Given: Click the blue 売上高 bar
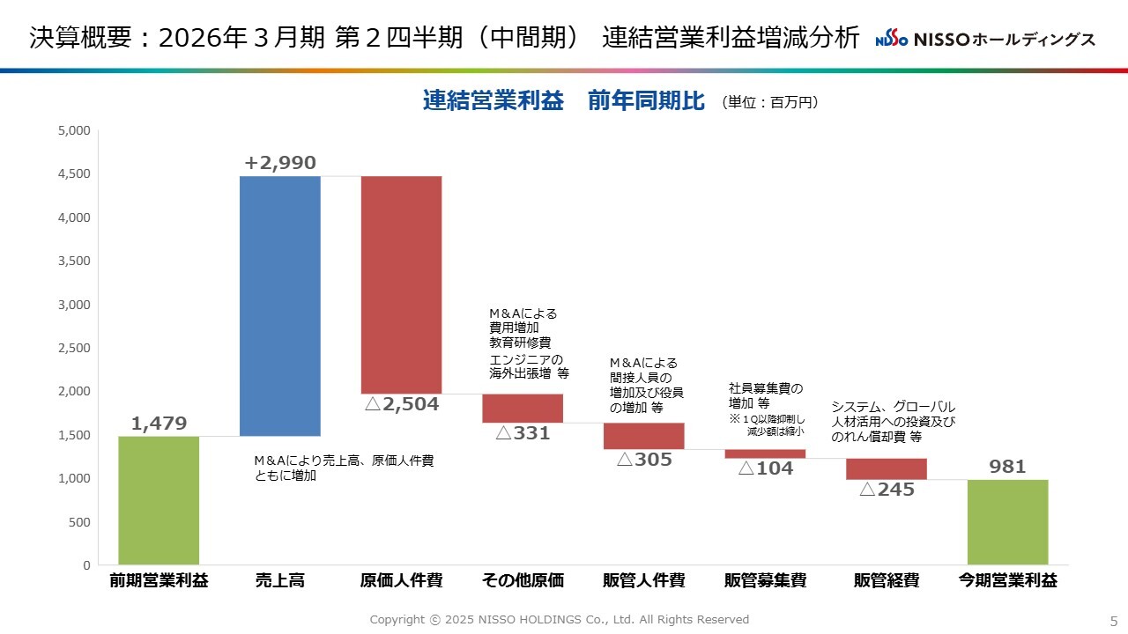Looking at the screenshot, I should tap(280, 306).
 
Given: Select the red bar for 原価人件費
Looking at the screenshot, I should tap(401, 284).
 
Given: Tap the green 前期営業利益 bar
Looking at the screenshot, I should tap(159, 500).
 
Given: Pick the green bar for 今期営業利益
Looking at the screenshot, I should tap(1007, 521).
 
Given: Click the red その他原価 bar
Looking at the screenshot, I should tap(523, 408).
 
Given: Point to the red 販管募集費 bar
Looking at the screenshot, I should tap(765, 453).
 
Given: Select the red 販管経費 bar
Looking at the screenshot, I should tap(887, 468).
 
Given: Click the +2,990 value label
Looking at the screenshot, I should tap(280, 163).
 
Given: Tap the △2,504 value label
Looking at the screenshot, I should tap(401, 405).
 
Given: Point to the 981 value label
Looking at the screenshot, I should tap(1007, 467).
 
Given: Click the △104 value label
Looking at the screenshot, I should tap(765, 468).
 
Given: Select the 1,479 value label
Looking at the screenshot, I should tap(159, 424).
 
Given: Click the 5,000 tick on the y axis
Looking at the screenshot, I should tap(74, 130).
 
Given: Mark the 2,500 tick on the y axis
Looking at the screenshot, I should tap(74, 348).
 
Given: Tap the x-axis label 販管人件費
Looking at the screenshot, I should tap(644, 581).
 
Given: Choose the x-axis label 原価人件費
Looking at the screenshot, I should tap(401, 581).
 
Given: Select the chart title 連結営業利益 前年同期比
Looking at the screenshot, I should tap(563, 101).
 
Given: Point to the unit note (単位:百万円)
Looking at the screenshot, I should tap(770, 102).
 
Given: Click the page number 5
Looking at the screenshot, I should tap(1113, 620).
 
